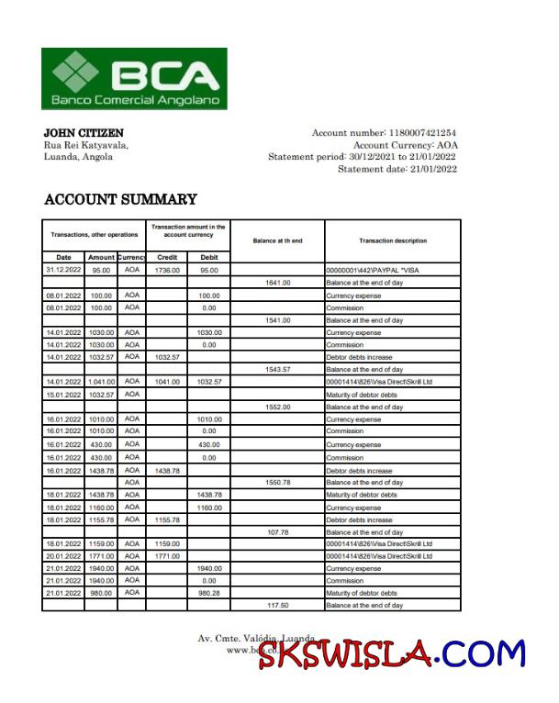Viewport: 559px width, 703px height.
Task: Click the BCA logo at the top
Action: tap(134, 78)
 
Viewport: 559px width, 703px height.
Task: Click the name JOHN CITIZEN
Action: tap(84, 133)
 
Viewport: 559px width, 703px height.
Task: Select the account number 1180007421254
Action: tap(417, 133)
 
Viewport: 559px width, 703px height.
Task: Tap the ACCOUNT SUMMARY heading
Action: tap(120, 199)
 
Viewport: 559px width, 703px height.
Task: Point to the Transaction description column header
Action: tap(392, 240)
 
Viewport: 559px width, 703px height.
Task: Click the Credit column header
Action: tap(167, 257)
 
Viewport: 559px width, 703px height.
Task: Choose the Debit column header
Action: tap(209, 257)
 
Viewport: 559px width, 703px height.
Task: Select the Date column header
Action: tap(63, 257)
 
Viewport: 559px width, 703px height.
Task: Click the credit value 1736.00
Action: tap(167, 271)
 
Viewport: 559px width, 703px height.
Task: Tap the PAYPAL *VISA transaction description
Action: tap(372, 271)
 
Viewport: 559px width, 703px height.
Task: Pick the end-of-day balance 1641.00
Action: tap(277, 283)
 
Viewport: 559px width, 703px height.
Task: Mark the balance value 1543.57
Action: tap(277, 369)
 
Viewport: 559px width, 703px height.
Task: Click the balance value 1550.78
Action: tap(277, 482)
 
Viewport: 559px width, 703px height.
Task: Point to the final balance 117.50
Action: tap(277, 605)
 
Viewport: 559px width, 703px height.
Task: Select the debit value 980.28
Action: tap(209, 593)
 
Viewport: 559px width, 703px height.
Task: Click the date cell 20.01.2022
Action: tap(63, 555)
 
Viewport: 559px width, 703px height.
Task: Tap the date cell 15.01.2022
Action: tap(63, 395)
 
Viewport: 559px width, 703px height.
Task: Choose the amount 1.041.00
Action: tap(101, 382)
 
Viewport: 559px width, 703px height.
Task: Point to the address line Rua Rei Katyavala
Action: tap(86, 145)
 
